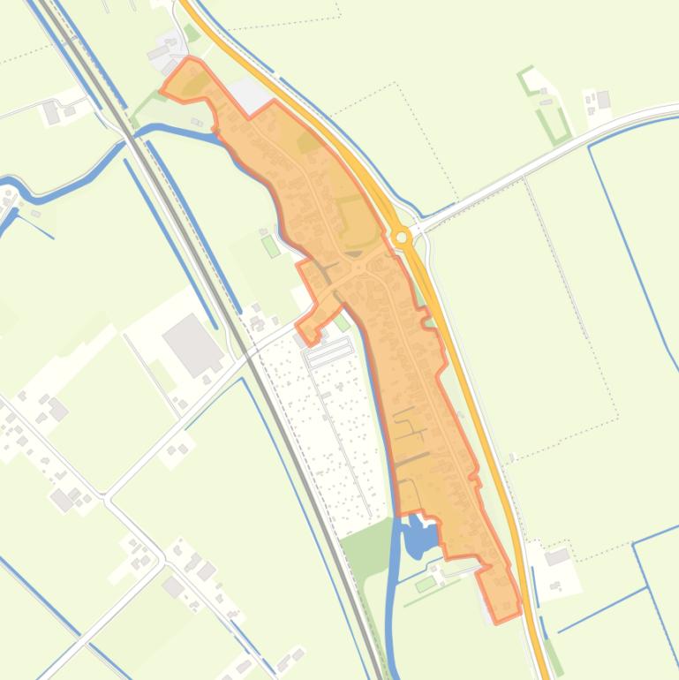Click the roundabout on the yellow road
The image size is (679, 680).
[x=402, y=237]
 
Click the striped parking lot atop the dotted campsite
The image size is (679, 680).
[x=329, y=352]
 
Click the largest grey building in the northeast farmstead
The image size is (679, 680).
[x=604, y=100]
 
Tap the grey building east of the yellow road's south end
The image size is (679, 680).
[x=557, y=556]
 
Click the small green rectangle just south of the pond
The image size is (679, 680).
[x=426, y=584]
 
